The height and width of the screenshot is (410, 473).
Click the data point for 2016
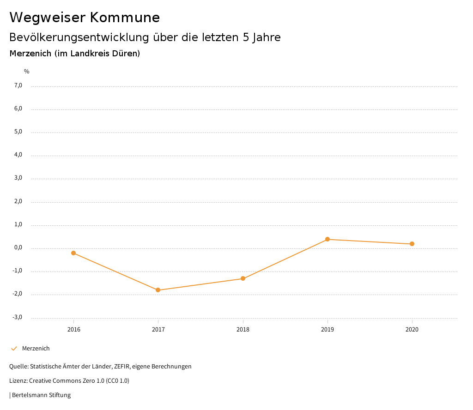73,253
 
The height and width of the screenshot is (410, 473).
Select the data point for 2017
158,290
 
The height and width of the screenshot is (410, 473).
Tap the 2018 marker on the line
243,278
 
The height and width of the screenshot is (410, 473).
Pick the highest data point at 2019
327,239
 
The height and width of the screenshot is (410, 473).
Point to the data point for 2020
412,244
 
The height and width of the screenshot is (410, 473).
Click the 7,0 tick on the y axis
18,85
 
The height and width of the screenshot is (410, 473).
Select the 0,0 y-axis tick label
18,248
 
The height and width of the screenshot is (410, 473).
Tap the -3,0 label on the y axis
18,317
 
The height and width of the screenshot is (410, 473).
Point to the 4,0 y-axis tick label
18,155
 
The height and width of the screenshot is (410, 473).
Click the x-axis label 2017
158,329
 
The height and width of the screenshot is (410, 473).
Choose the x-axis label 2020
412,329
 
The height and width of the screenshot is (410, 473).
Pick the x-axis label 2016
73,329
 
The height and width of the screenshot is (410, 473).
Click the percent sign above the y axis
27,72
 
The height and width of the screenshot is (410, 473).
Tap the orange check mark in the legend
14,348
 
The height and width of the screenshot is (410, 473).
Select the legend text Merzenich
36,348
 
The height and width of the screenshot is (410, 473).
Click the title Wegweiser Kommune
85,18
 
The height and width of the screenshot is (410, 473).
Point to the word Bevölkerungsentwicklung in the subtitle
79,37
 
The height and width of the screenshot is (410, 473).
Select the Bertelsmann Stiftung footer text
41,395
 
